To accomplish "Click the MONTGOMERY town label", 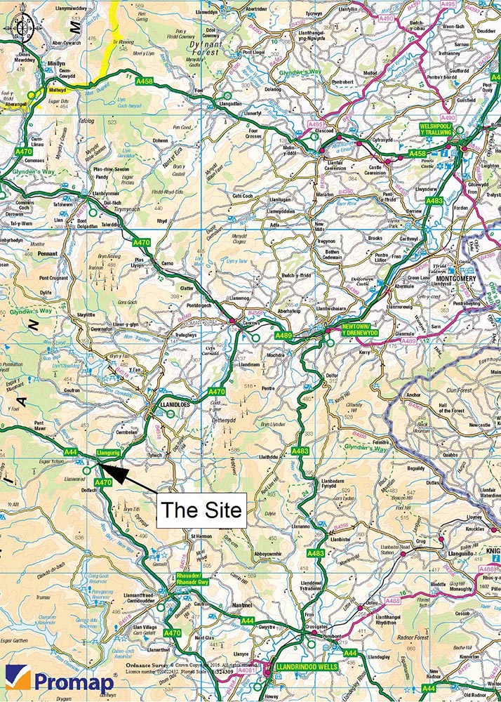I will (x=456, y=278).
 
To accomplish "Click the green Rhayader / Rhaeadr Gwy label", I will (x=192, y=582).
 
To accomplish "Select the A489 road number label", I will (x=283, y=336).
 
